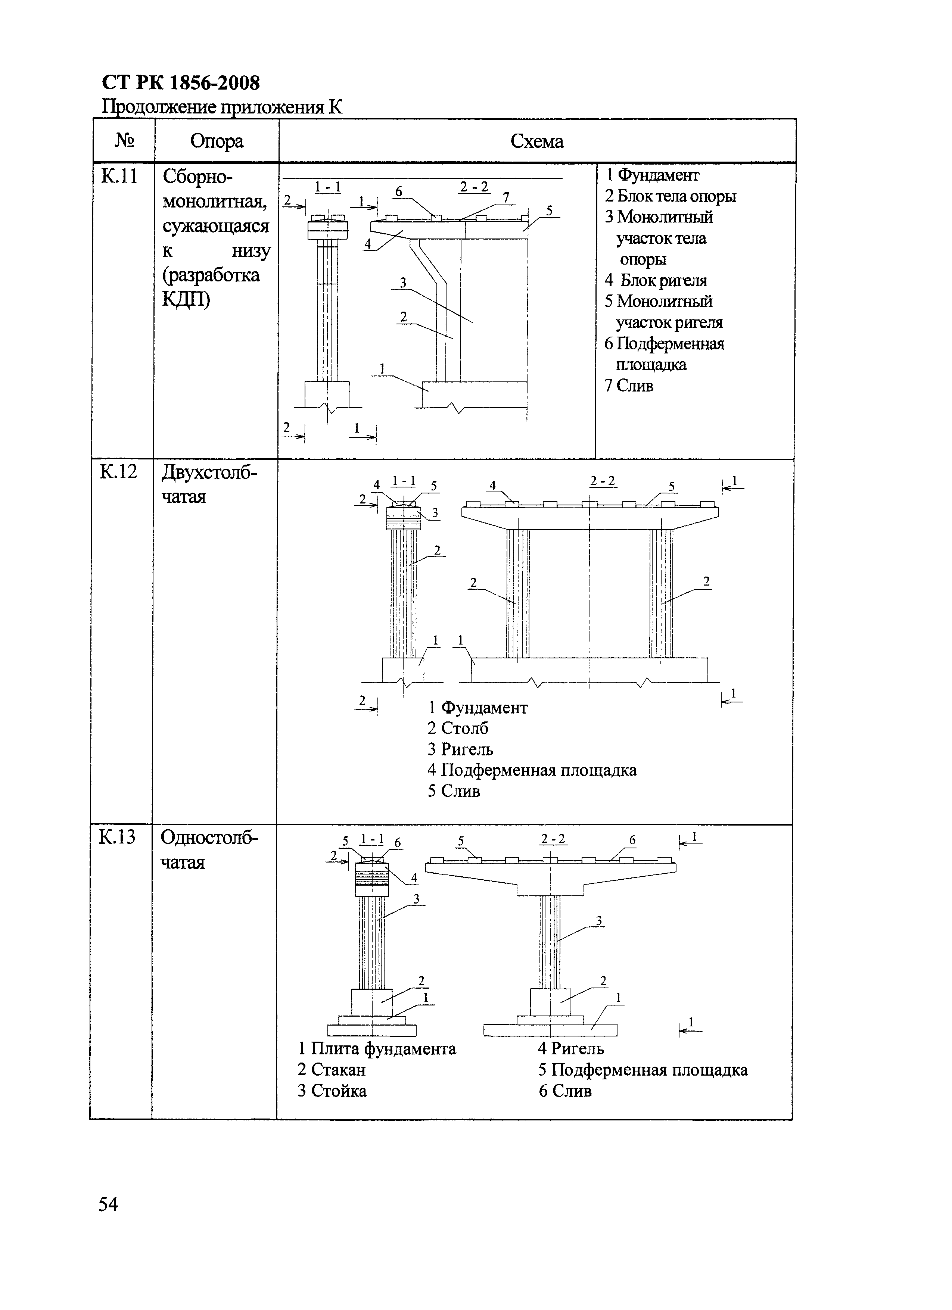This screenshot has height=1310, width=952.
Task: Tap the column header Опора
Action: pyautogui.click(x=217, y=141)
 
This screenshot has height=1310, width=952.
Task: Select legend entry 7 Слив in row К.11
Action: pyautogui.click(x=629, y=386)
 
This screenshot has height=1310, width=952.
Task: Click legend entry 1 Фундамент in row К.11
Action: pyautogui.click(x=652, y=175)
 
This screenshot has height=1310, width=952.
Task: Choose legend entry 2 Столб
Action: pyautogui.click(x=458, y=729)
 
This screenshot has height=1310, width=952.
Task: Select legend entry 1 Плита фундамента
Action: pyautogui.click(x=377, y=1048)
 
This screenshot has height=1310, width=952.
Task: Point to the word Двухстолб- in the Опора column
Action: pyautogui.click(x=209, y=472)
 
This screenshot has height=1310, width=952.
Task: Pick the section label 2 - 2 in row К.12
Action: pyautogui.click(x=603, y=481)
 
